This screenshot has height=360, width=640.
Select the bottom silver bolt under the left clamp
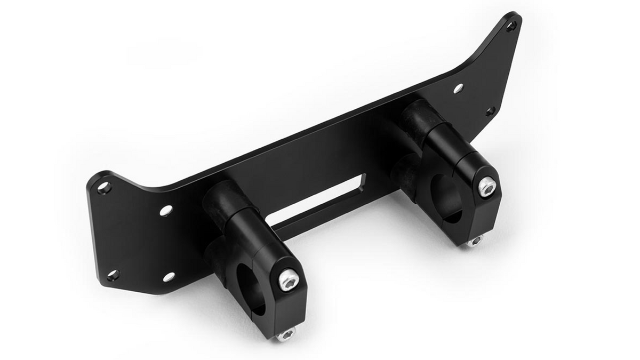point(286,334)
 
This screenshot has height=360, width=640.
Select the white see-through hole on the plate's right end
point(458,88)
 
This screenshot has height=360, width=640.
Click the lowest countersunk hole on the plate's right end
point(491,111)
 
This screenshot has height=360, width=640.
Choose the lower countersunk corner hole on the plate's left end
point(113,276)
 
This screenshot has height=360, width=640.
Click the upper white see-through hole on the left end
point(165,211)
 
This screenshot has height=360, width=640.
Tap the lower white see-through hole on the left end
point(169,276)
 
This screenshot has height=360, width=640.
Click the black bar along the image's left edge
point(24,180)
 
